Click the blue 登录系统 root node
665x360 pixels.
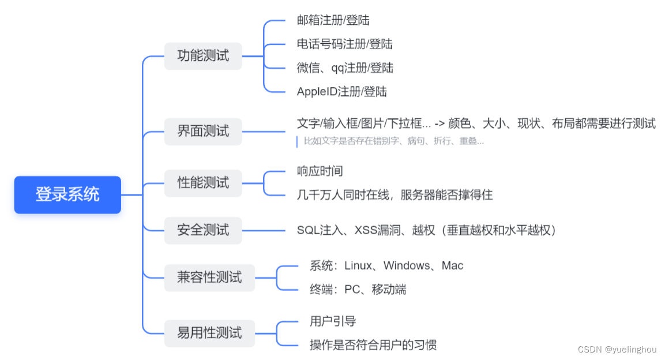point(67,194)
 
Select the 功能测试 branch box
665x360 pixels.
point(203,56)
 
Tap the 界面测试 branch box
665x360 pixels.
point(203,131)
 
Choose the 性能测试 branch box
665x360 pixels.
point(203,183)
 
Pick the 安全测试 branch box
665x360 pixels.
point(203,230)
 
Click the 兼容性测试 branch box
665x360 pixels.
point(209,277)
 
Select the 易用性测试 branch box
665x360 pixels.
point(209,333)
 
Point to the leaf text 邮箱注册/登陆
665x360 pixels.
point(333,20)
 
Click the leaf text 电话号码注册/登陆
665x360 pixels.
point(344,44)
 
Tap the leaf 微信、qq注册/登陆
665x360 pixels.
point(345,67)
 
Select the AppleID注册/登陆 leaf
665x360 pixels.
point(341,91)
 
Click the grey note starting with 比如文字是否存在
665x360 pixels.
point(393,141)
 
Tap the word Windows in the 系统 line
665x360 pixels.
point(407,266)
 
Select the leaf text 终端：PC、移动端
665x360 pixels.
point(358,290)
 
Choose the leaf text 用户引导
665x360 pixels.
point(333,321)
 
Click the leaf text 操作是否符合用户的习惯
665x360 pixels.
point(373,345)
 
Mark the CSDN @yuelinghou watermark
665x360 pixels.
point(617,349)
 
